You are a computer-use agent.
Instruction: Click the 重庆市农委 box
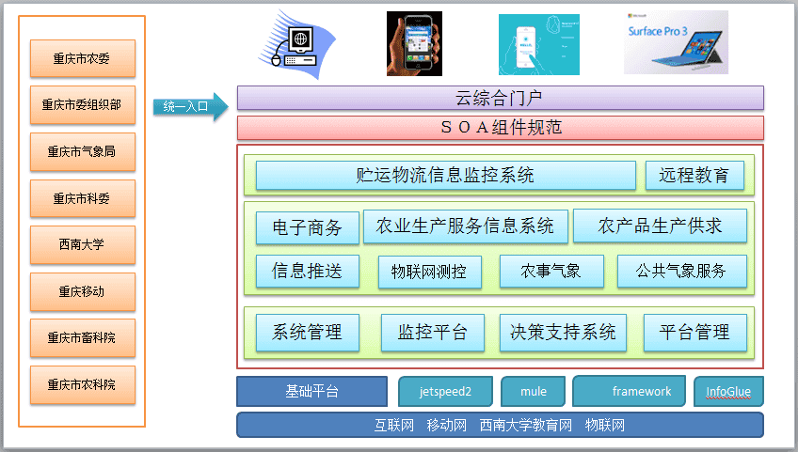point(83,58)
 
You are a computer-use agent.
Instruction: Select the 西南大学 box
point(83,244)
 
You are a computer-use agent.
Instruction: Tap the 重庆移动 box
point(83,291)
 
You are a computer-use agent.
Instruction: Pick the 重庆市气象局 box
point(83,151)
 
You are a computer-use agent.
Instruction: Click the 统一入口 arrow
point(190,106)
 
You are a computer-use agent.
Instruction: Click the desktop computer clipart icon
point(296,45)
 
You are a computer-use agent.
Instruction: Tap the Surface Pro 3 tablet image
point(676,42)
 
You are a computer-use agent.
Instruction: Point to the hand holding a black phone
point(414,44)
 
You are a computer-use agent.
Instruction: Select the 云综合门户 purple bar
point(501,98)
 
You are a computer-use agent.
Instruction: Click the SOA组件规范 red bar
point(501,128)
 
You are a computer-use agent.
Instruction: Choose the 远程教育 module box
point(694,176)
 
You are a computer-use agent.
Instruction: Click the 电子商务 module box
point(308,227)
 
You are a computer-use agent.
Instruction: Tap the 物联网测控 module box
point(429,272)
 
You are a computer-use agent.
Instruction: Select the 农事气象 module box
point(551,271)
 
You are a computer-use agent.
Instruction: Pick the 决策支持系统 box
point(563,333)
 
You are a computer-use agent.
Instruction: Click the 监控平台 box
point(433,333)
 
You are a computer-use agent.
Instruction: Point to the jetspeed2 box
point(445,392)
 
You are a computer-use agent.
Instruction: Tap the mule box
point(533,392)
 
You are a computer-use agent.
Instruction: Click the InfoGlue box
point(728,392)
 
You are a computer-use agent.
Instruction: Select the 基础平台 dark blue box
point(312,391)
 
